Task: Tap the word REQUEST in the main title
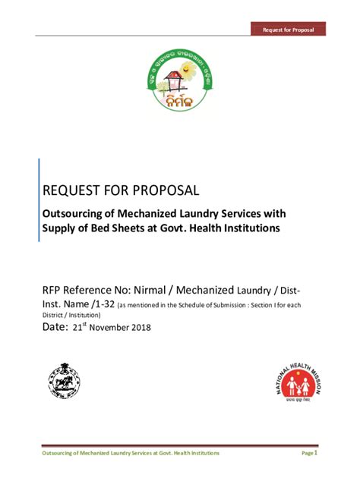[74, 189]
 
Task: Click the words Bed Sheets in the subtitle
[129, 228]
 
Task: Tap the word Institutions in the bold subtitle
[245, 228]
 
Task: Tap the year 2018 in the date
[141, 329]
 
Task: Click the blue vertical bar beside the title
[39, 200]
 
